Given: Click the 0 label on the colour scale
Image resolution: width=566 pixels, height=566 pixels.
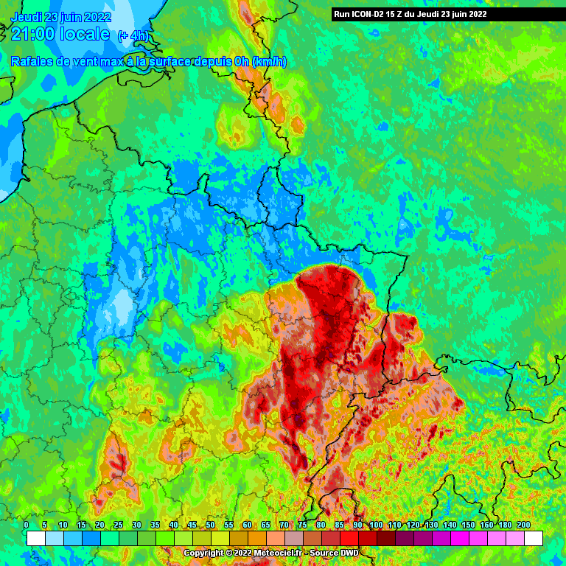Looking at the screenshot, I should coord(27,525).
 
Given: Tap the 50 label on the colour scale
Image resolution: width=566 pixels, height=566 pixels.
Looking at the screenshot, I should coord(210,525).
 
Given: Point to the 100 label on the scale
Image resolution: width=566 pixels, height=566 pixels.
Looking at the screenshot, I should coord(376,525).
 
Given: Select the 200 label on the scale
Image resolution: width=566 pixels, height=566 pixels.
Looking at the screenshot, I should coord(524,525).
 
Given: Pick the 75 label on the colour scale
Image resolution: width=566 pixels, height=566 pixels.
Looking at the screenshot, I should coord(302,525).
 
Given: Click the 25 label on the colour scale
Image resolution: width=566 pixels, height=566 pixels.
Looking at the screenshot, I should coord(118,525).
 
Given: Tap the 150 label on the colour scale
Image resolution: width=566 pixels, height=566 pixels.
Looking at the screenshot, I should coord(468,525).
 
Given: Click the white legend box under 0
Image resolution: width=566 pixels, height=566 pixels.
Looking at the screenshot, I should coord(35,538).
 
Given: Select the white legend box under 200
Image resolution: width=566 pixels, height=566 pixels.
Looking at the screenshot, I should coord(534,538).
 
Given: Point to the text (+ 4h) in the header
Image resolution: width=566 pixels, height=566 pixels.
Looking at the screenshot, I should coord(133,35).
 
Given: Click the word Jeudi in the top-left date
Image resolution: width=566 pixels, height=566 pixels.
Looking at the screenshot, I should coord(27,17).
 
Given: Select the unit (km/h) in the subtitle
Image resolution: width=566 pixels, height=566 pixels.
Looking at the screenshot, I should coord(269,63).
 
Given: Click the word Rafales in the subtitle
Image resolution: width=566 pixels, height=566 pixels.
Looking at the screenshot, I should coord(32,63).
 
